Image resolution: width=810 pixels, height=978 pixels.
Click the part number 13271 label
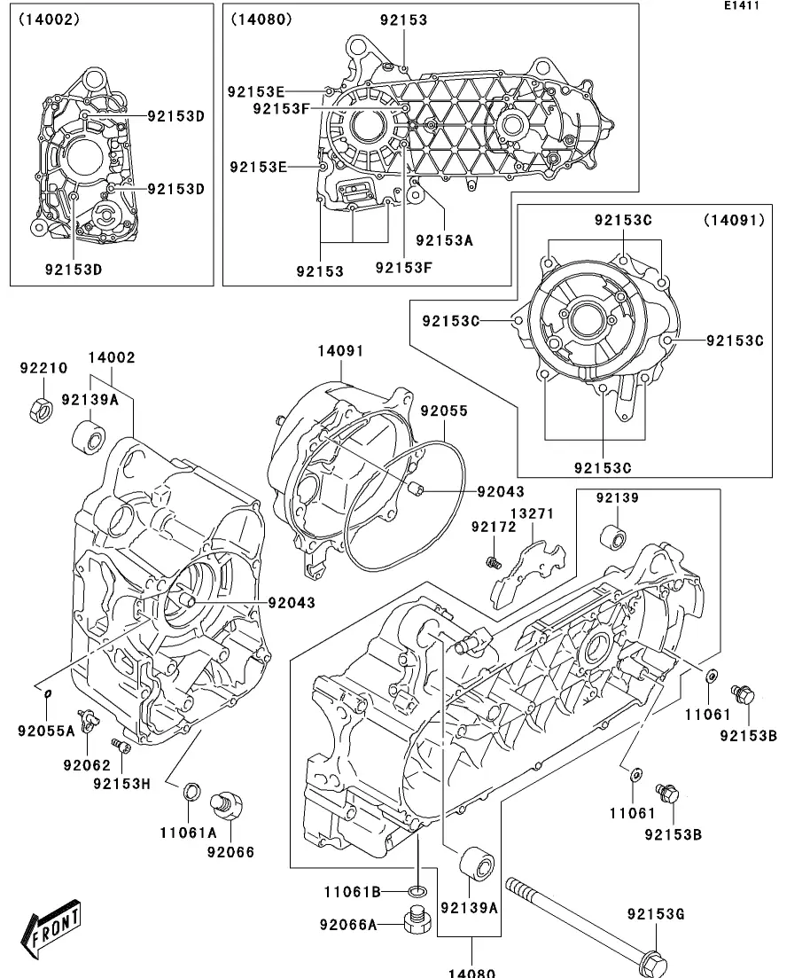coord(532,514)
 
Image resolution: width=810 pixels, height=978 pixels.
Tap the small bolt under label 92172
coord(494,561)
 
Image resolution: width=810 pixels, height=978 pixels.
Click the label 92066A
coord(348,925)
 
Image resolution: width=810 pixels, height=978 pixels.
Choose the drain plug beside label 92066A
coord(417,922)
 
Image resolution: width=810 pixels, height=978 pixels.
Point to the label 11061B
coord(352,890)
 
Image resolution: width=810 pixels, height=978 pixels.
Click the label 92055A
coord(46,731)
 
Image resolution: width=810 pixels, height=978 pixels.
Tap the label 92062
coord(86,765)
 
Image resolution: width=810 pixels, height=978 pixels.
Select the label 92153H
coord(122,783)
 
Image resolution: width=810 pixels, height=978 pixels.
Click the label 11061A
coord(188,832)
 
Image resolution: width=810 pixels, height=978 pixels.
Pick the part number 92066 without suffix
coord(230,852)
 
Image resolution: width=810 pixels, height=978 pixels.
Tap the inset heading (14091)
coord(734,219)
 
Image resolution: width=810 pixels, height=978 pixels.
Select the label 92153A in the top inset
coord(444,239)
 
